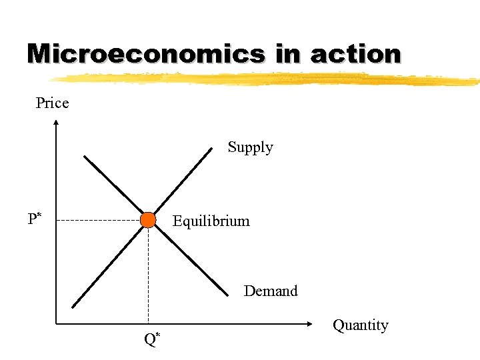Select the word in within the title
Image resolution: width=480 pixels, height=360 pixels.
coord(288,53)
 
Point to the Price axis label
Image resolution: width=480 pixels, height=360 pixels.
coord(52,103)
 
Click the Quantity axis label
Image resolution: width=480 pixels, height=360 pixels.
coord(360,325)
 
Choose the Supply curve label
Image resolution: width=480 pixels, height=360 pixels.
coord(250,147)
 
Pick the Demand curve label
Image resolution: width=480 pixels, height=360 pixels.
coord(271,291)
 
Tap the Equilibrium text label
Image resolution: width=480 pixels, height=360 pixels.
coord(211,221)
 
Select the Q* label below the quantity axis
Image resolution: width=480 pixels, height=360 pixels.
coord(152,339)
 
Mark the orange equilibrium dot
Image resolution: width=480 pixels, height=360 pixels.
coord(148,220)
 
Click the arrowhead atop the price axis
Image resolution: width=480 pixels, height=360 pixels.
coord(57,123)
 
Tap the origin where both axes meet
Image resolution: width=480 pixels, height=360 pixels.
coord(57,325)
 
